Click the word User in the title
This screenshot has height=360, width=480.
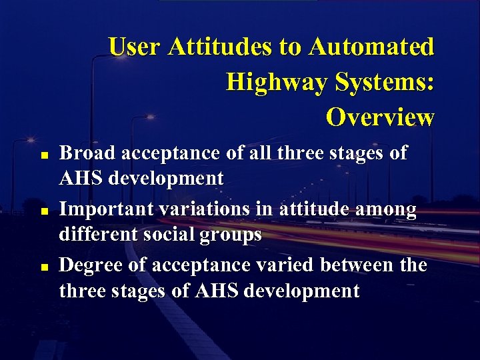[x=135, y=47]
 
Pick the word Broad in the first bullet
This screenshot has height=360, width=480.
[x=84, y=153]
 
